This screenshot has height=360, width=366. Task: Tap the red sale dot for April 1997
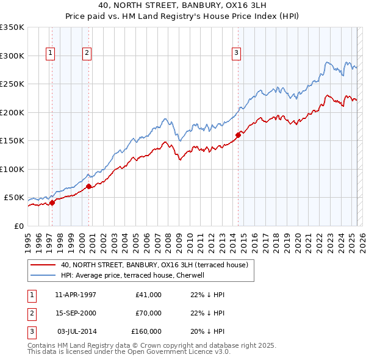pyautogui.click(x=52, y=203)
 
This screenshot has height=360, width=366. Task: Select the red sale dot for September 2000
pyautogui.click(x=89, y=186)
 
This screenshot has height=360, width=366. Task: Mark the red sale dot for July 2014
pyautogui.click(x=239, y=135)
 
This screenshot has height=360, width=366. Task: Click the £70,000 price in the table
pyautogui.click(x=148, y=313)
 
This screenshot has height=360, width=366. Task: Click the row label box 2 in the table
pyautogui.click(x=31, y=313)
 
